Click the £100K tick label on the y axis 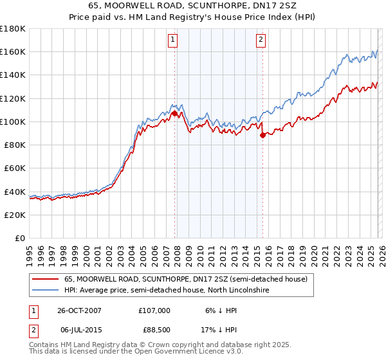click(12, 122)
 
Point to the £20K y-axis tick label click(14, 215)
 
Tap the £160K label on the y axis click(12, 51)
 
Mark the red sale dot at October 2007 click(174, 113)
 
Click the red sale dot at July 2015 click(262, 135)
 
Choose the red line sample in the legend click(44, 279)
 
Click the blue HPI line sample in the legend click(44, 291)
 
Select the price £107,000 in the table click(154, 310)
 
